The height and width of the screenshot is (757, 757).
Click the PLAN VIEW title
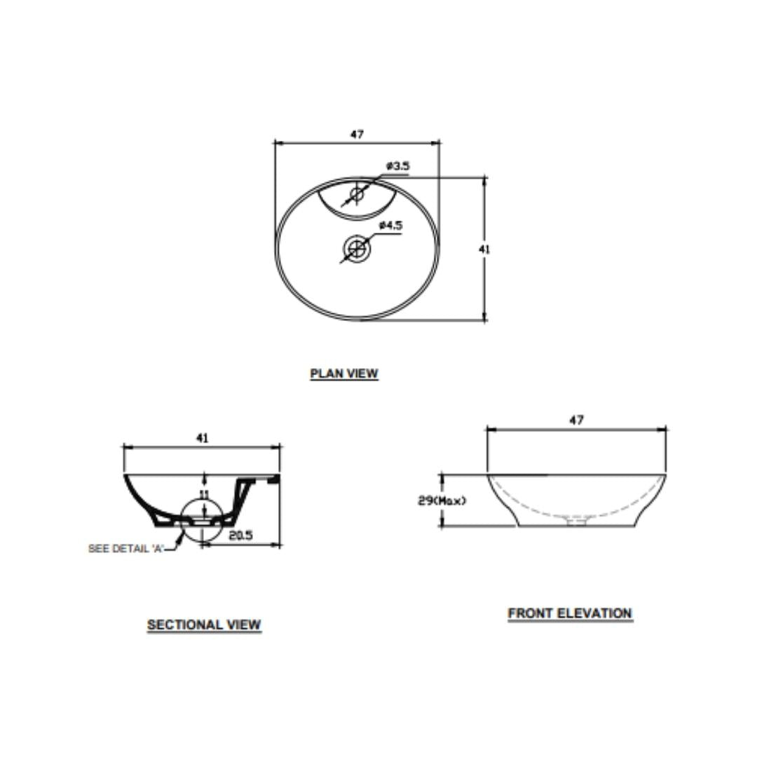pyautogui.click(x=343, y=373)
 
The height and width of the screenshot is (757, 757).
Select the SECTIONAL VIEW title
pyautogui.click(x=204, y=625)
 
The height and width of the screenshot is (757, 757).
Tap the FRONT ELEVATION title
pyautogui.click(x=570, y=613)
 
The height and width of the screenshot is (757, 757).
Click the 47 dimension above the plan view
pyautogui.click(x=357, y=134)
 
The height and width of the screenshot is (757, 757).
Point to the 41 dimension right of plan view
pyautogui.click(x=484, y=249)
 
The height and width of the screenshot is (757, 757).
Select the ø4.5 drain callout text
pyautogui.click(x=390, y=226)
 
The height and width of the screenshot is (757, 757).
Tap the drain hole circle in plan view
pyautogui.click(x=357, y=248)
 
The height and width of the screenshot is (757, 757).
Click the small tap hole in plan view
pyautogui.click(x=357, y=194)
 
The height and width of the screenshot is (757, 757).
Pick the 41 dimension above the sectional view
pyautogui.click(x=203, y=438)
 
